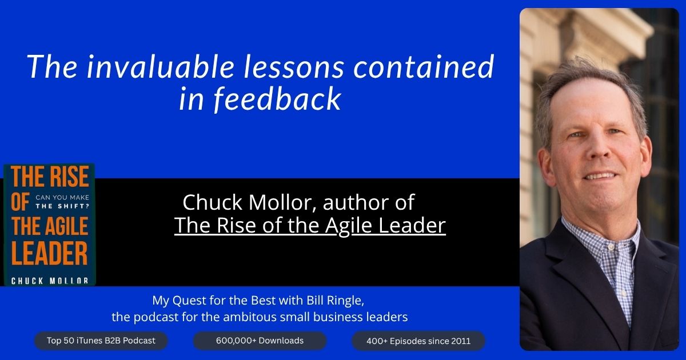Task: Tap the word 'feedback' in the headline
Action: tap(277, 98)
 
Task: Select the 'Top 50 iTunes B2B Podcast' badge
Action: tap(101, 341)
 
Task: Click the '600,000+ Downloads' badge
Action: tap(260, 341)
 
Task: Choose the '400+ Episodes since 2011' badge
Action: tap(418, 341)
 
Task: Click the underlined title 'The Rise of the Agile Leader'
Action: tap(310, 226)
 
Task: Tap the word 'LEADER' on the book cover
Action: tap(50, 253)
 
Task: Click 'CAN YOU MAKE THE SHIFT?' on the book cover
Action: tap(62, 202)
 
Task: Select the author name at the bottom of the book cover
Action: tap(50, 281)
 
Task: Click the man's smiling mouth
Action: tap(600, 177)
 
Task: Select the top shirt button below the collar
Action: tap(611, 247)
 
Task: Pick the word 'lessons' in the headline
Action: tap(294, 67)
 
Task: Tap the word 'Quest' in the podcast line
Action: tap(189, 301)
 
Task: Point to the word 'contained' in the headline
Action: tap(424, 67)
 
